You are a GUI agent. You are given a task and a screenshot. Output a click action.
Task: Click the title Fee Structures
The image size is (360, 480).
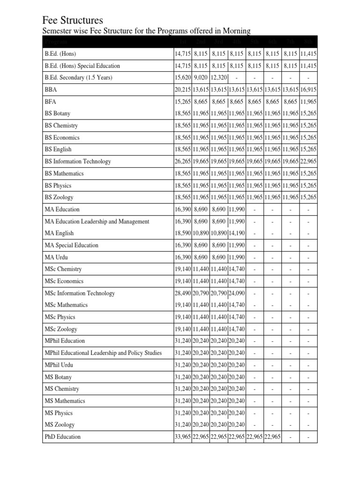pos(72,20)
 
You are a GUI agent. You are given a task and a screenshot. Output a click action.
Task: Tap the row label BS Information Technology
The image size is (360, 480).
pos(78,162)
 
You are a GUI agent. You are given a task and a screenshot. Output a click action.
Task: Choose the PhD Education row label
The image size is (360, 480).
pos(62,437)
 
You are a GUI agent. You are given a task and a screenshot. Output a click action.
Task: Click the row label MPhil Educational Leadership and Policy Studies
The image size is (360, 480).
pos(103,353)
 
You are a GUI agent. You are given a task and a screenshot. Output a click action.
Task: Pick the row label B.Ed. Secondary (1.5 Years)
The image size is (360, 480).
pos(79,78)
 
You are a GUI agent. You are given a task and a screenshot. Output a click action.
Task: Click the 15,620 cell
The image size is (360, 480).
pos(183,78)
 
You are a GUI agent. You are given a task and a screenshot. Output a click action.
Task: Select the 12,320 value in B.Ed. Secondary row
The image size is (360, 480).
pos(219,78)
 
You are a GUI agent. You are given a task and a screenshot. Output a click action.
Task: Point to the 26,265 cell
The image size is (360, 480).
pos(183,162)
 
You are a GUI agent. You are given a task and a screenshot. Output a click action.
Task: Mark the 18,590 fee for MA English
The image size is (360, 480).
pos(183,233)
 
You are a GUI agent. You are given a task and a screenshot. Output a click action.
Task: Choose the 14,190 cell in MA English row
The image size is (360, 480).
pos(237,233)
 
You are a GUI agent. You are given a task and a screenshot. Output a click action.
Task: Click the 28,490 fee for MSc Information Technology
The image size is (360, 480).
pos(183,293)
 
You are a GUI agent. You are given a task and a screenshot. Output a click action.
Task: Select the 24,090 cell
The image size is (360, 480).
pos(237,293)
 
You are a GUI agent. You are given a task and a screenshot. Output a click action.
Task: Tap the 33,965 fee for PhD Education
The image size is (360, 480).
pos(183,437)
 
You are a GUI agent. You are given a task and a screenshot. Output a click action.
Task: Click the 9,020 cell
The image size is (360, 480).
pos(201,78)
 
